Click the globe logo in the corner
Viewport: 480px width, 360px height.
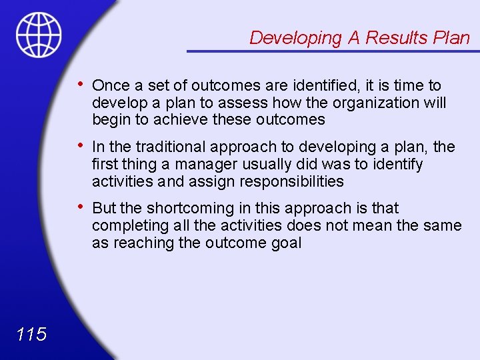click(x=39, y=35)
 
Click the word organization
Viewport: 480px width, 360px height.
click(x=377, y=103)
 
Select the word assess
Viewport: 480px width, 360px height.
click(x=239, y=103)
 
